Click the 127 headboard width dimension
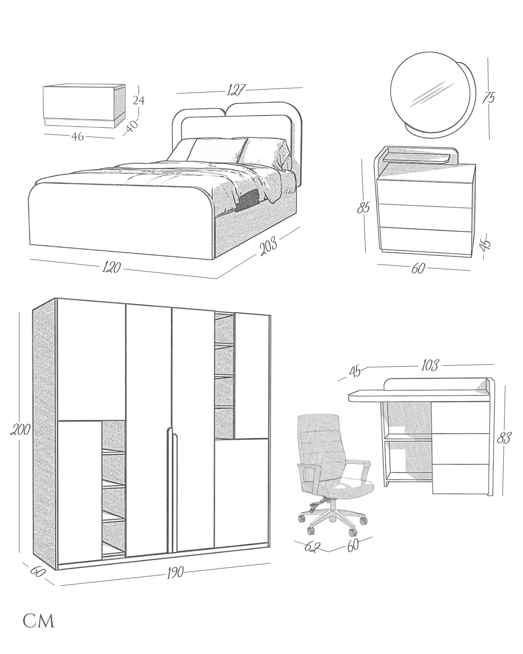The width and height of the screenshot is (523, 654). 236,90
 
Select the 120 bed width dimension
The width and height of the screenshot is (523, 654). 111,267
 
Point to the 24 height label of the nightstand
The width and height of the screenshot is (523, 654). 139,101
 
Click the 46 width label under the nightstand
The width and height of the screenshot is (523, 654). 77,137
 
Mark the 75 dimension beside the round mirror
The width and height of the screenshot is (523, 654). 489,98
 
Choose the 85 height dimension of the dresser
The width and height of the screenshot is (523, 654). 364,207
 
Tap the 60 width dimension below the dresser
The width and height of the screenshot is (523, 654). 418,268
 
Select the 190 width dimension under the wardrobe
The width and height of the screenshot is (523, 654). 175,573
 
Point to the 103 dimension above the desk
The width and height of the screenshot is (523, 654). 430,365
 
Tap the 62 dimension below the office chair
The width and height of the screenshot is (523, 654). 312,547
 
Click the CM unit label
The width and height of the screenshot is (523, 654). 39,622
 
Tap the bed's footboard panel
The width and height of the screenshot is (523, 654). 121,223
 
